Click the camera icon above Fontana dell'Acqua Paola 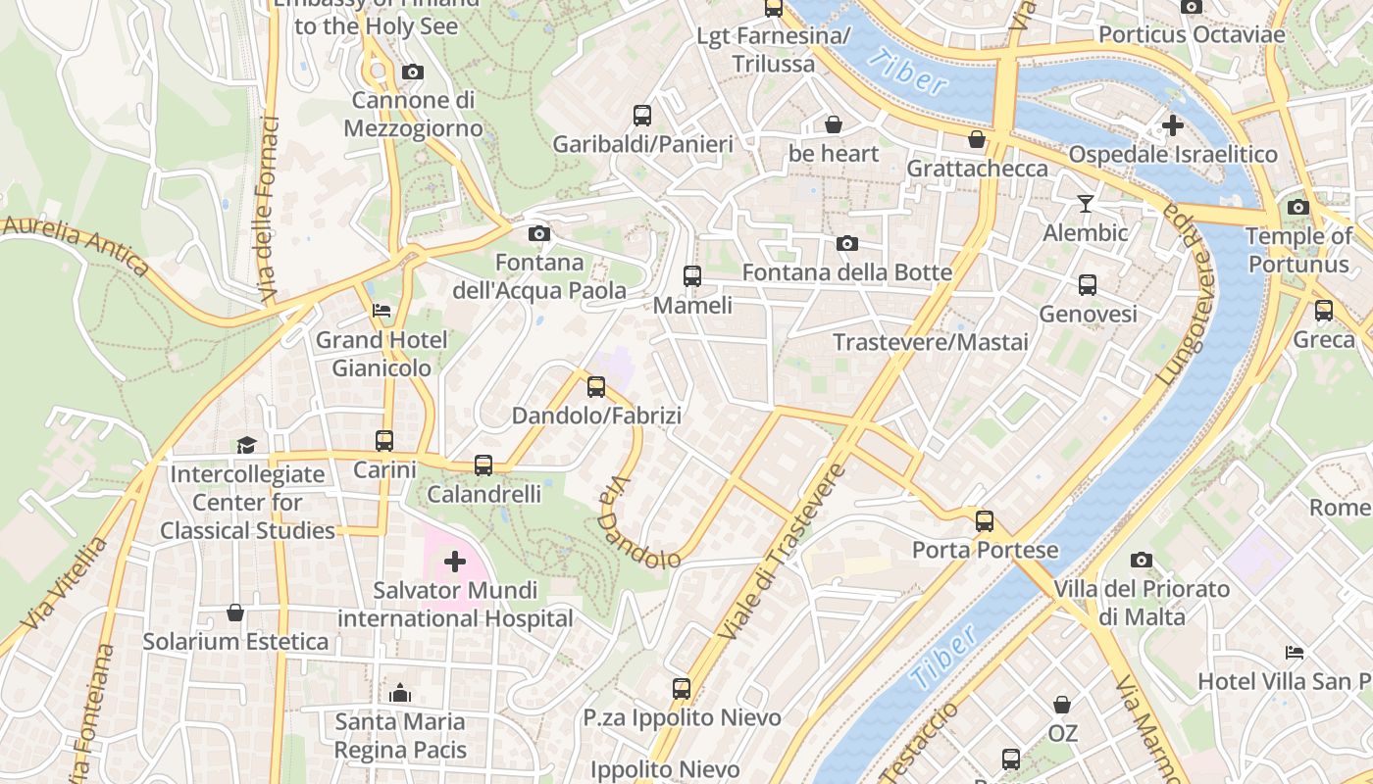(538, 233)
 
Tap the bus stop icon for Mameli (692, 276)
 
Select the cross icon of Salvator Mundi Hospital (455, 562)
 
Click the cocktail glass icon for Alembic (1085, 204)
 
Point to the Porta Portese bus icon (985, 521)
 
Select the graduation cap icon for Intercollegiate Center (245, 445)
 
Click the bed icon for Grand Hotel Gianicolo (381, 311)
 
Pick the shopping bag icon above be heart (833, 124)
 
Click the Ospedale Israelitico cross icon (1172, 125)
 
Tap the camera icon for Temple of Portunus (1298, 207)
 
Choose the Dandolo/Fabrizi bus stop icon (596, 386)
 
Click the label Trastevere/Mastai (931, 342)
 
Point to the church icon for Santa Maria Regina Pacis (399, 694)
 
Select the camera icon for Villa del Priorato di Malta (1141, 561)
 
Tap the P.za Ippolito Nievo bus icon (682, 689)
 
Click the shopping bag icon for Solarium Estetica (235, 612)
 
